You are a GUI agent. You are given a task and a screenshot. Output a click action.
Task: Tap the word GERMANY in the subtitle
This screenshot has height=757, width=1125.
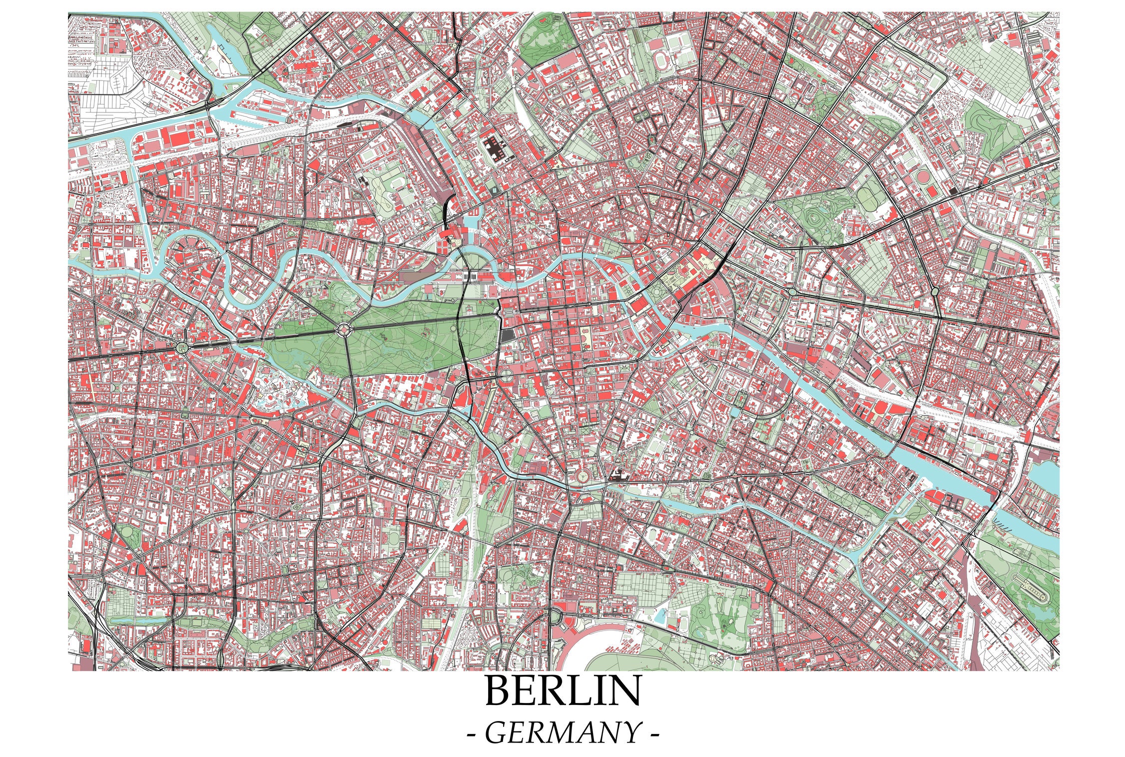coord(562,733)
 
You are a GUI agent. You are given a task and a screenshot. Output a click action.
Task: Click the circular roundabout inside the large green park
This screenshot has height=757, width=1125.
coord(344,329)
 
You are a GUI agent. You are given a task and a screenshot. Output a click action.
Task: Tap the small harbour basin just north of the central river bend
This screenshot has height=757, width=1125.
coord(471,221)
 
